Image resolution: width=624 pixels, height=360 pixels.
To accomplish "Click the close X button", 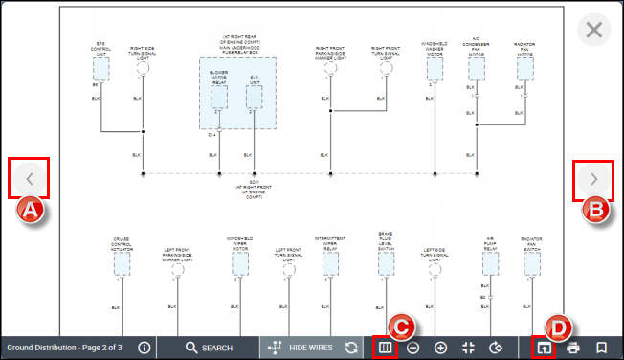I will pyautogui.click(x=594, y=30).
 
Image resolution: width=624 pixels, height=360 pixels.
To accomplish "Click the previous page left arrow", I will pyautogui.click(x=30, y=179).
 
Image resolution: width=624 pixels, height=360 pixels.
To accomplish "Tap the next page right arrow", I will pyautogui.click(x=593, y=179).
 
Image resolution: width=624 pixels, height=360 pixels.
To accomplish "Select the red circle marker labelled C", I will pyautogui.click(x=403, y=326).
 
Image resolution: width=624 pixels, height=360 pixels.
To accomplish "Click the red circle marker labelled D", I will pyautogui.click(x=561, y=326).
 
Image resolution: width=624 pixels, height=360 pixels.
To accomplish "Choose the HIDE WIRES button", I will pyautogui.click(x=301, y=348).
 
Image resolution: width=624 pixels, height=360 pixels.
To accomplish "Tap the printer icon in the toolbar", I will pyautogui.click(x=573, y=348).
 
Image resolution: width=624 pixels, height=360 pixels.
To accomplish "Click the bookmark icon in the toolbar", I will pyautogui.click(x=602, y=348).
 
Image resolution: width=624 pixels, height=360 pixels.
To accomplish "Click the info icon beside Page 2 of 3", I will pyautogui.click(x=145, y=348).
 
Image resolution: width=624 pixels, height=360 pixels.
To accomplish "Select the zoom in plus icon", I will pyautogui.click(x=440, y=348).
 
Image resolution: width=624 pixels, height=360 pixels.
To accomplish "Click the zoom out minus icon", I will pyautogui.click(x=412, y=348).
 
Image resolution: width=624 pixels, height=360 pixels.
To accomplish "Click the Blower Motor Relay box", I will pyautogui.click(x=219, y=91).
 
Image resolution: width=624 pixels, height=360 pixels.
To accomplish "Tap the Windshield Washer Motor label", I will pyautogui.click(x=435, y=48).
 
